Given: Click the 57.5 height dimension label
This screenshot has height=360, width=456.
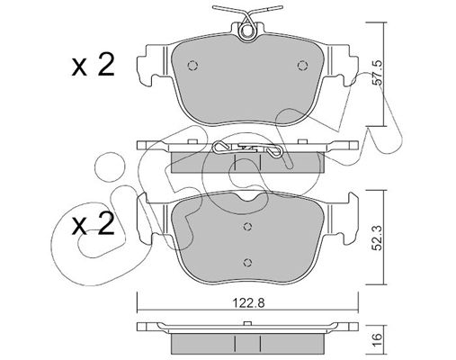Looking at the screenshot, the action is pyautogui.click(x=379, y=72).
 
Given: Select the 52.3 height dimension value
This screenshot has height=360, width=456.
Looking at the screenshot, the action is pyautogui.click(x=379, y=238).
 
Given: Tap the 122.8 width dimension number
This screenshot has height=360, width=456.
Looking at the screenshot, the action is pyautogui.click(x=248, y=303).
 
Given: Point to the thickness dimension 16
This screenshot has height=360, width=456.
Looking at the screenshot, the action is pyautogui.click(x=379, y=340).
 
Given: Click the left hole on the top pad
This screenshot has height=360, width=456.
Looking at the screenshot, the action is pyautogui.click(x=192, y=66).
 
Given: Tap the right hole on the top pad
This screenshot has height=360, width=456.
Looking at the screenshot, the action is pyautogui.click(x=302, y=66).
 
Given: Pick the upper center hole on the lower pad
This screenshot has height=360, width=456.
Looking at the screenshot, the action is pyautogui.click(x=247, y=227).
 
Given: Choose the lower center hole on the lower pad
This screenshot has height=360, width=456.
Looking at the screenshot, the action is pyautogui.click(x=247, y=262).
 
